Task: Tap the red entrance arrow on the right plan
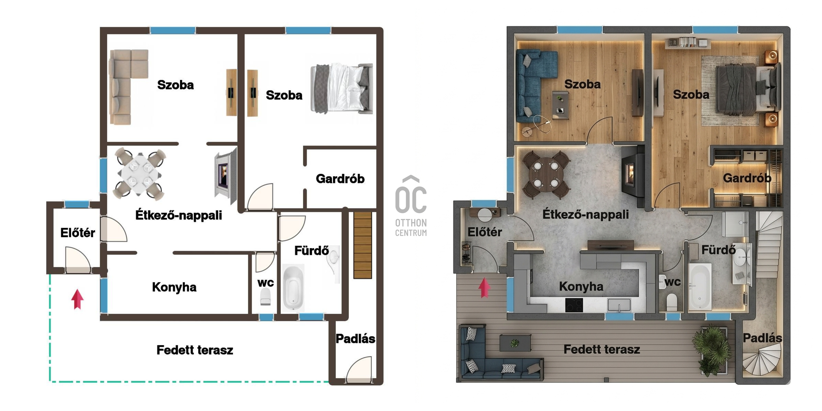[484, 288]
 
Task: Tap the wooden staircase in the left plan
[363, 245]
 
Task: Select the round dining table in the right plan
[546, 175]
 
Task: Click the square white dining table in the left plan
[140, 174]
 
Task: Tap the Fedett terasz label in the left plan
[195, 350]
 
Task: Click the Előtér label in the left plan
[78, 233]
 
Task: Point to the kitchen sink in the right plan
[619, 305]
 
